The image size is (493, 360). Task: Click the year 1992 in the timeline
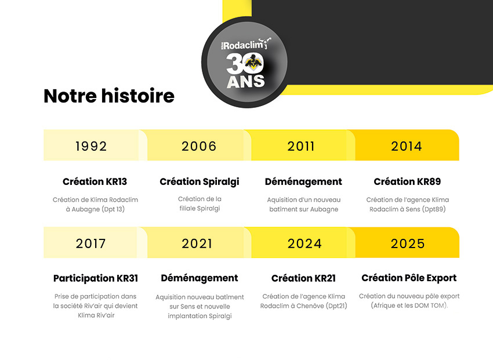91,147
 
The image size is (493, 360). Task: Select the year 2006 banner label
199,147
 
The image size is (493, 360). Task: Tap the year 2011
301,147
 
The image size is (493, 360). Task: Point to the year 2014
407,147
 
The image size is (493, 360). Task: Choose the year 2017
91,244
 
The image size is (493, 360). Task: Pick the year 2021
197,244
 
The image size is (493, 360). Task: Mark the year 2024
304,244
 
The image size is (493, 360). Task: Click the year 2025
408,244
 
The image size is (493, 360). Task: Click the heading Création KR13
95,181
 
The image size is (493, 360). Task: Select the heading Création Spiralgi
200,182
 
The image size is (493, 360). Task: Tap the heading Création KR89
407,181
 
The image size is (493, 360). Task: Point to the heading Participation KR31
96,279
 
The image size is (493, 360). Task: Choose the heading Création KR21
303,278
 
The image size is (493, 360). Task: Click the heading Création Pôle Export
409,278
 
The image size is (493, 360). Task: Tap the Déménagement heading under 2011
303,182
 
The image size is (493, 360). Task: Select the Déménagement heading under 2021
200,279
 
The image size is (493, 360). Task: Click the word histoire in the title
137,96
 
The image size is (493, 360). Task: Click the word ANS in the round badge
246,81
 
